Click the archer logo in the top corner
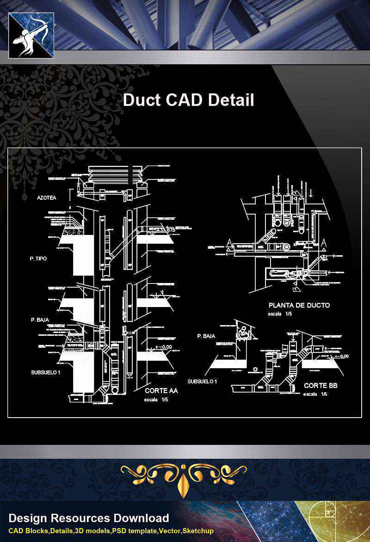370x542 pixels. (31, 35)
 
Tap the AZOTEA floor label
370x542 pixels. (47, 198)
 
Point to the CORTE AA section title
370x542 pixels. (161, 391)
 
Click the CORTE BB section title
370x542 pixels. (321, 385)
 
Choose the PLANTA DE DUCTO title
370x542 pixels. (299, 305)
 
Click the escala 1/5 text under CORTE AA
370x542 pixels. (156, 400)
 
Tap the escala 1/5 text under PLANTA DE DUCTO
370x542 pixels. (280, 314)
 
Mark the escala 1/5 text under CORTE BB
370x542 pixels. (315, 394)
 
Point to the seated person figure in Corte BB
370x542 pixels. (243, 333)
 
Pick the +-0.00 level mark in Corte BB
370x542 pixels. (341, 356)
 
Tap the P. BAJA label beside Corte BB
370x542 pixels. (206, 336)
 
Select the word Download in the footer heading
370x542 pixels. (140, 518)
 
